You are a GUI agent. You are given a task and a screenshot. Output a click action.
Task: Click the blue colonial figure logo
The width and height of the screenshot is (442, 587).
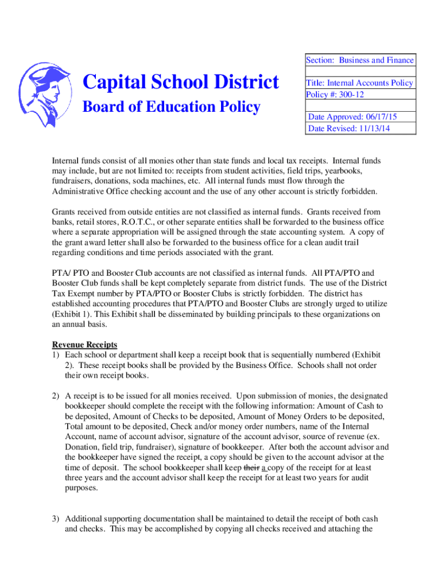(45, 95)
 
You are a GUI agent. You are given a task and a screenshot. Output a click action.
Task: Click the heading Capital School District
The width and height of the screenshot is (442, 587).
(181, 82)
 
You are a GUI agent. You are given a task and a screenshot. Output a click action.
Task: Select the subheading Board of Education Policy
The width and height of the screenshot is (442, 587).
(172, 107)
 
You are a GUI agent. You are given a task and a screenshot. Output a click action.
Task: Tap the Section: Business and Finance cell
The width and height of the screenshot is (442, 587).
(359, 60)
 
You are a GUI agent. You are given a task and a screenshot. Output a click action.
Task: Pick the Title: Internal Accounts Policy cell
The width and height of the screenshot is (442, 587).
(359, 83)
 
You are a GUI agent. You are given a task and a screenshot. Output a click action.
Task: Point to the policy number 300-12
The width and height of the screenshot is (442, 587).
(351, 94)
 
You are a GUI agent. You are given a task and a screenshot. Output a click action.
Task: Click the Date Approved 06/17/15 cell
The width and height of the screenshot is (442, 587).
(352, 116)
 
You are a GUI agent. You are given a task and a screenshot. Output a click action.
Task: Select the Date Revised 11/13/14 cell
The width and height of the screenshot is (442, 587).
(349, 128)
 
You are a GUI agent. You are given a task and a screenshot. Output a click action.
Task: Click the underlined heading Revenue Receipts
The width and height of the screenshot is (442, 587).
(84, 345)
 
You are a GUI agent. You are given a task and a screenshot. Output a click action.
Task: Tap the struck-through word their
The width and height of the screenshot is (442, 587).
(251, 468)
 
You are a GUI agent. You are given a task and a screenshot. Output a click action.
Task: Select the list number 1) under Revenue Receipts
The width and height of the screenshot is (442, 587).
(56, 355)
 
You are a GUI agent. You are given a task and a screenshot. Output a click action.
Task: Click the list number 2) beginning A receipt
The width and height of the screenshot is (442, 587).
(56, 396)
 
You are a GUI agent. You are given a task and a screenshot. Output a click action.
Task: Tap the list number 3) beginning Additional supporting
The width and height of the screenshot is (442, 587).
(56, 518)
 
